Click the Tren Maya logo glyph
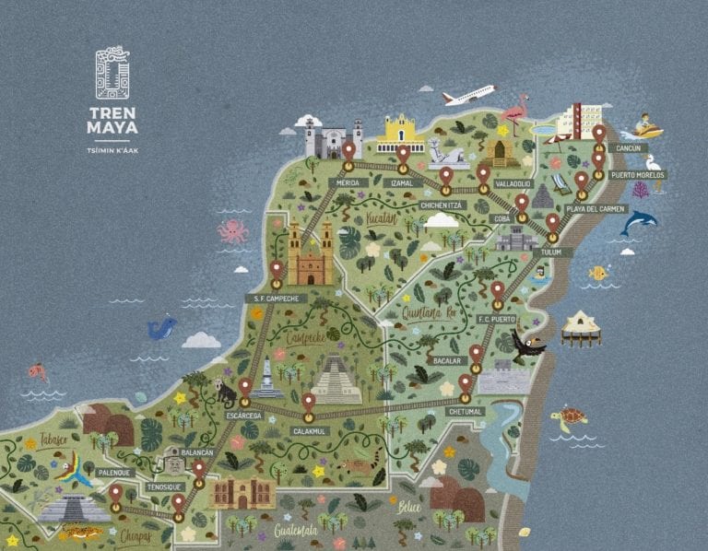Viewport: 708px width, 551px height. click(x=112, y=73)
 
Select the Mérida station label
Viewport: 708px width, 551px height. click(x=348, y=182)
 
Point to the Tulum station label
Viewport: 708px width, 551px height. click(x=551, y=252)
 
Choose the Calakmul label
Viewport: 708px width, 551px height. click(x=310, y=430)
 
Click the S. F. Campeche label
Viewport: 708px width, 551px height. click(x=276, y=299)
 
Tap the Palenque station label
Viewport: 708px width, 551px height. click(x=116, y=473)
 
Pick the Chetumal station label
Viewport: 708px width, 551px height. click(x=465, y=412)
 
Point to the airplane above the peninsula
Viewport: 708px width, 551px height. click(x=468, y=95)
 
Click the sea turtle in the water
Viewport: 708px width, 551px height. click(x=569, y=418)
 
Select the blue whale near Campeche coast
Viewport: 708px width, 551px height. click(x=161, y=327)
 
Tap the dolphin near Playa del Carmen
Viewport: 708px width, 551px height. click(x=638, y=220)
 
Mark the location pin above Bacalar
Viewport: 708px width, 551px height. click(x=476, y=354)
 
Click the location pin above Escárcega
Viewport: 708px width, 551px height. click(x=245, y=387)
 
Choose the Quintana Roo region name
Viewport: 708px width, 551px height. click(x=429, y=312)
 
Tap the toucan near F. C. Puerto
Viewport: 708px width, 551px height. click(x=528, y=346)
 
